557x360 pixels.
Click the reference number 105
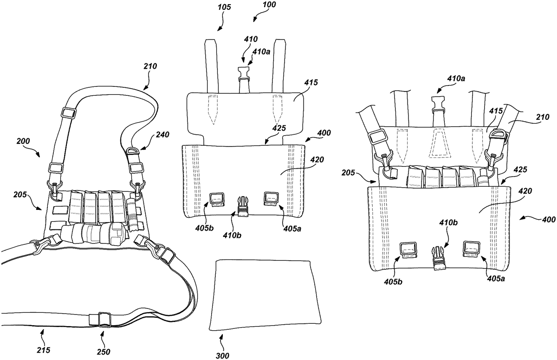[x=225, y=7]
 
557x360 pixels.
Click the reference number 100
[x=269, y=5]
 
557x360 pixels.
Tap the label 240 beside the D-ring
[x=162, y=135]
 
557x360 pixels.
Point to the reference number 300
[x=222, y=355]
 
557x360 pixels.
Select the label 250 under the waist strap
[x=104, y=352]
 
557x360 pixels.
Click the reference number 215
[x=44, y=350]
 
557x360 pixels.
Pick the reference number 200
[x=23, y=141]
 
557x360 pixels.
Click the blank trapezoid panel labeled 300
[x=265, y=295]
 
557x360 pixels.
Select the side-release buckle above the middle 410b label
[x=243, y=206]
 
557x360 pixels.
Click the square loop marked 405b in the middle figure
[x=217, y=200]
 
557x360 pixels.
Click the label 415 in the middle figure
[x=311, y=82]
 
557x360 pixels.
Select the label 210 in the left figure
[x=150, y=66]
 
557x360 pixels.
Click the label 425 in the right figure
[x=520, y=170]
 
